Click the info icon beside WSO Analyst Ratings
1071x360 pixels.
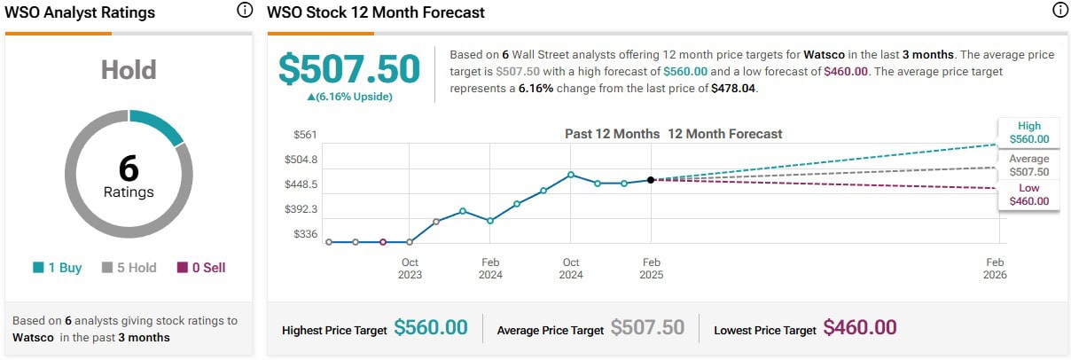(x=246, y=12)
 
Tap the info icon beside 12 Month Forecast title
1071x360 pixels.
(x=1059, y=12)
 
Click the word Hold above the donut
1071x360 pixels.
(x=129, y=70)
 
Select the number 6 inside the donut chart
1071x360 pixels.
(x=129, y=168)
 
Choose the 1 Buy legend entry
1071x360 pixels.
(x=57, y=268)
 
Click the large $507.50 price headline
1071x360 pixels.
(x=349, y=70)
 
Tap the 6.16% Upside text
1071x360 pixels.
(x=349, y=97)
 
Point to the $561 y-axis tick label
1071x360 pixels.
(x=305, y=135)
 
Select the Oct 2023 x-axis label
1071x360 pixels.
(x=410, y=268)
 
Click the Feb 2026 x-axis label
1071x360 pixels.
(x=995, y=268)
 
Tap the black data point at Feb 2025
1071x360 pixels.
(x=652, y=180)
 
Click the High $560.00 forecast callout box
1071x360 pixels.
(x=1028, y=132)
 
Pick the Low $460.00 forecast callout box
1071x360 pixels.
(x=1028, y=194)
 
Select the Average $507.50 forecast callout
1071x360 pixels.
(x=1028, y=166)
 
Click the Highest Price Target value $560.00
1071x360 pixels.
(x=430, y=328)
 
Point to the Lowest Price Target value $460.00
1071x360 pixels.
(x=860, y=328)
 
